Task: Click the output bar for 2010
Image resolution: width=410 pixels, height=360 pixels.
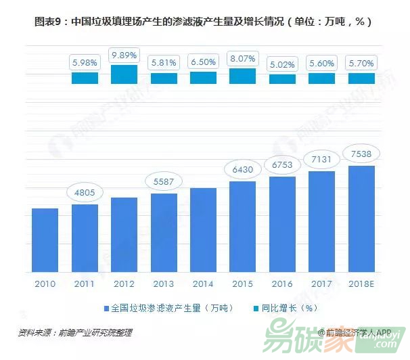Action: coord(45,240)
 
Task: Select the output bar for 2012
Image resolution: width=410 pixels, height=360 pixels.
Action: coord(124,234)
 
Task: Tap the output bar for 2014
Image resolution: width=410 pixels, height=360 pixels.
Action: coord(203,229)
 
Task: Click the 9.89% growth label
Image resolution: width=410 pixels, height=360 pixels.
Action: coord(124,54)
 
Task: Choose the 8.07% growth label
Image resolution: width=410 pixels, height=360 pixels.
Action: coord(242,58)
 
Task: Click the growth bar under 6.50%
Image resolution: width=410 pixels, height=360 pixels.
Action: coord(203,78)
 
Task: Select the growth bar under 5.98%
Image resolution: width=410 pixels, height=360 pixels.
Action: coord(85,78)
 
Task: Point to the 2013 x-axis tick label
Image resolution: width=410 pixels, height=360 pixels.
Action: coord(164,283)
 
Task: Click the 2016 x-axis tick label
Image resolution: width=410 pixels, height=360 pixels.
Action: coord(282,283)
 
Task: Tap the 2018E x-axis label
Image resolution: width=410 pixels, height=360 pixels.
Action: coord(361,283)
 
